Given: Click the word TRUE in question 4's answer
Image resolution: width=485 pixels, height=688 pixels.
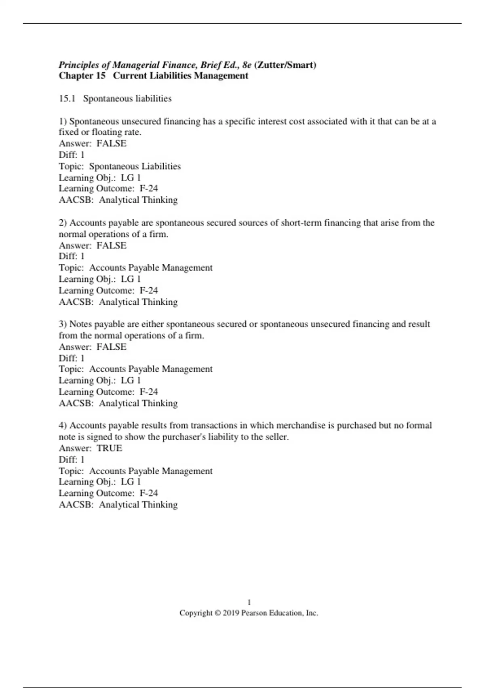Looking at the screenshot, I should coord(109,448).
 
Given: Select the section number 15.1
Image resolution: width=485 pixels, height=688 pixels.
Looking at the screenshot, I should coord(67,98).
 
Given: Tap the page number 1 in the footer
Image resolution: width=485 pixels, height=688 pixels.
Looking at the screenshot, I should coord(249,602).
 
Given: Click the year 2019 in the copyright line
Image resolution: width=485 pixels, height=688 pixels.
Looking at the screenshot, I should coord(231,613).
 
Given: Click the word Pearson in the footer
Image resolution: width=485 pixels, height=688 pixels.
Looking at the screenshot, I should coord(254,613).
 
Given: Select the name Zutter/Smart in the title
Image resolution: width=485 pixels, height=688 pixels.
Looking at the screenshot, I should coord(285,65).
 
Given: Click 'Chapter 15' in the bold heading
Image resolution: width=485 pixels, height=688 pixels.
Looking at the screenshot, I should coord(82,76).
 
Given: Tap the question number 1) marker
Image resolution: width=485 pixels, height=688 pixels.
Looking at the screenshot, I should coord(63,121).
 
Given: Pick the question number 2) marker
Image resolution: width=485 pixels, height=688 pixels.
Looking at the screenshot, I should coord(63,223).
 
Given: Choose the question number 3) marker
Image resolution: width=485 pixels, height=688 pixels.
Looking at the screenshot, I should coord(63,324).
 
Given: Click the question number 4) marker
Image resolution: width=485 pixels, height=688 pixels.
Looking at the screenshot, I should coord(63,425).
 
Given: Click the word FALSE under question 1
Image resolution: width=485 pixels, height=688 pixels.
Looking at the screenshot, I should coord(112,143).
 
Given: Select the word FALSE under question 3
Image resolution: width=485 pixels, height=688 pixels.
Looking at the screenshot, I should coord(112,347).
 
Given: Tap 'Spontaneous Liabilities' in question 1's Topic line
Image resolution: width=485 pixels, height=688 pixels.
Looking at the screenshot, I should coord(135,166).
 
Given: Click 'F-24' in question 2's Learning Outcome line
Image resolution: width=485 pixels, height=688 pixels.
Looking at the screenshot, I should coord(149,290).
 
